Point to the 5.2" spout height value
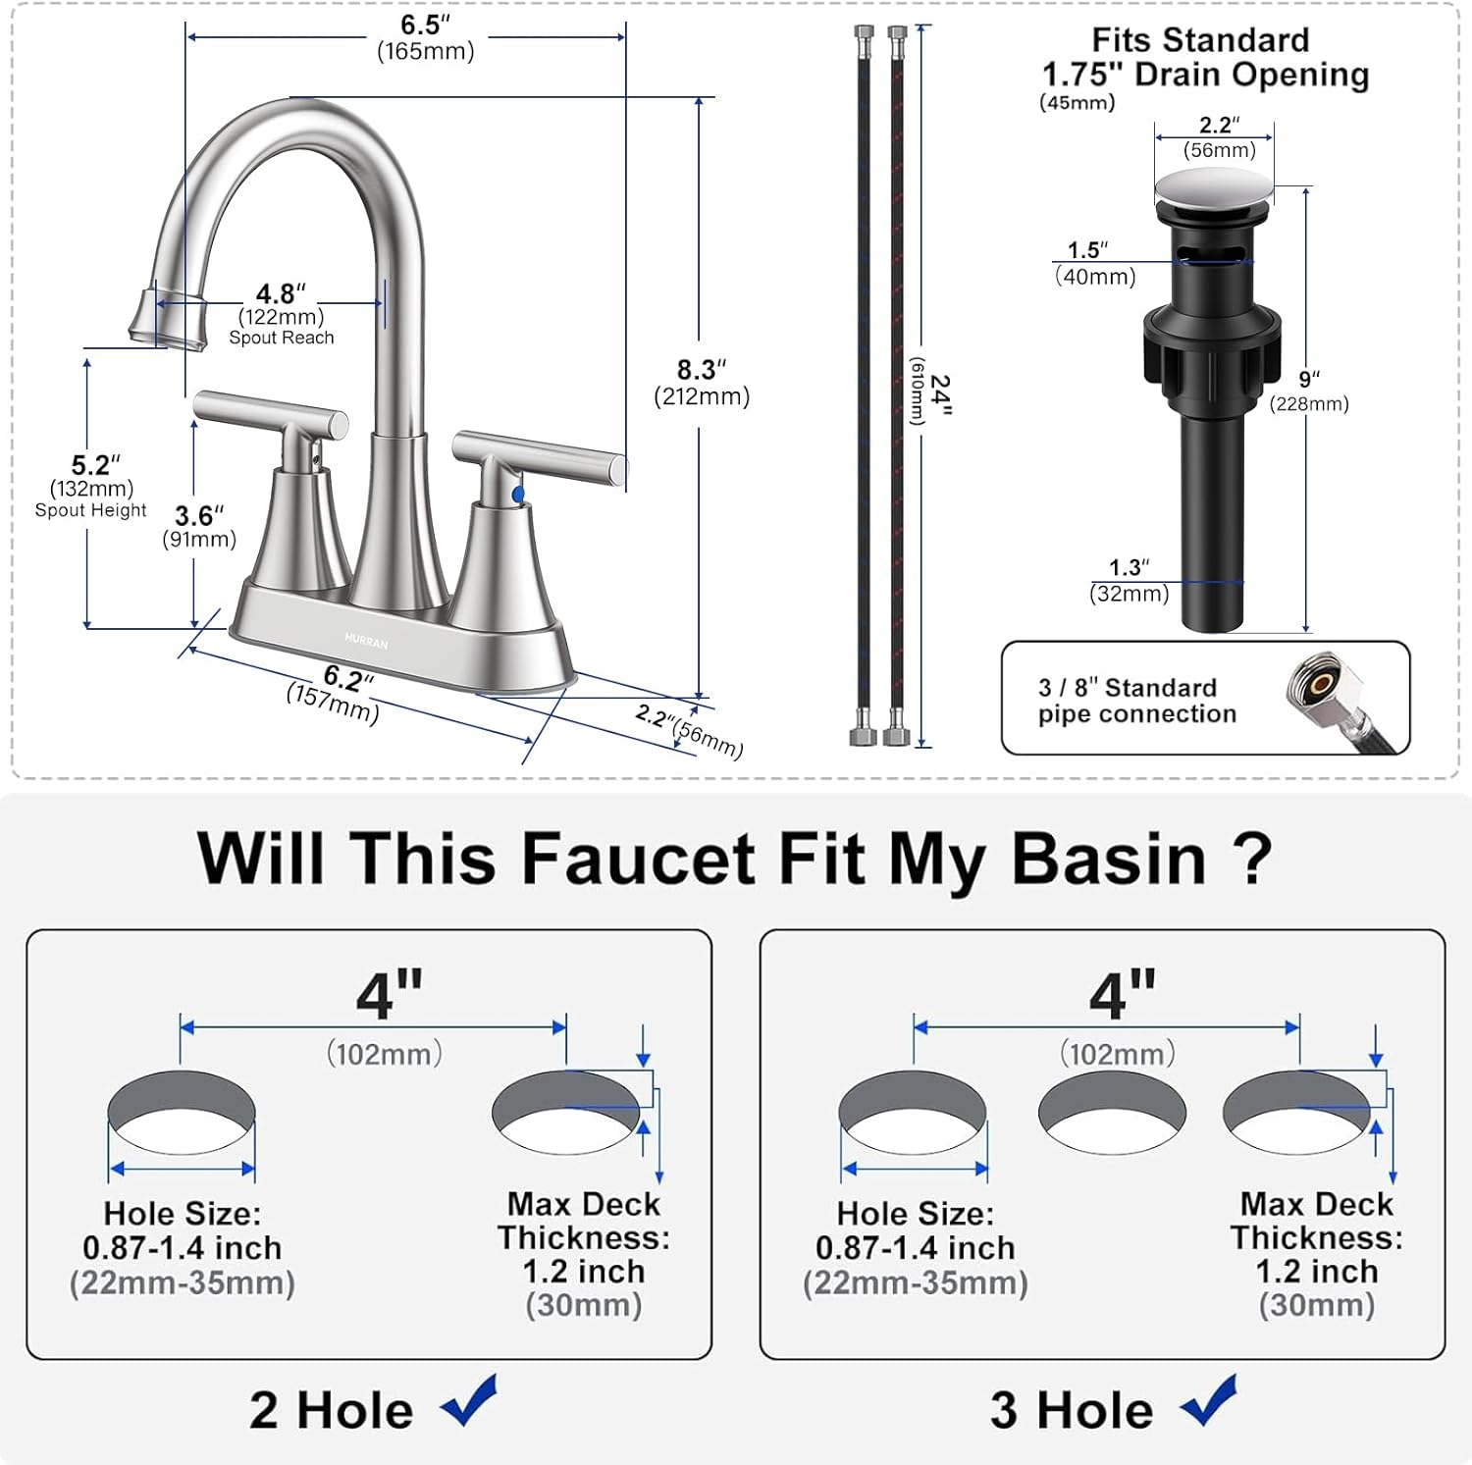pyautogui.click(x=94, y=466)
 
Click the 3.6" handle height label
pyautogui.click(x=198, y=517)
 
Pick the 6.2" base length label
pyautogui.click(x=347, y=678)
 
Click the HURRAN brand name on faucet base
pyautogui.click(x=366, y=641)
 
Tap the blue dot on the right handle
pyautogui.click(x=518, y=496)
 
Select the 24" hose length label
pyautogui.click(x=939, y=394)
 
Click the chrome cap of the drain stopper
pyautogui.click(x=1213, y=187)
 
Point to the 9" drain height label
pyautogui.click(x=1309, y=380)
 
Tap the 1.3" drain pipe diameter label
pyautogui.click(x=1129, y=568)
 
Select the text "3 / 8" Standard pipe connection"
pyautogui.click(x=1136, y=701)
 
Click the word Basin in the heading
pyautogui.click(x=1108, y=859)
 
